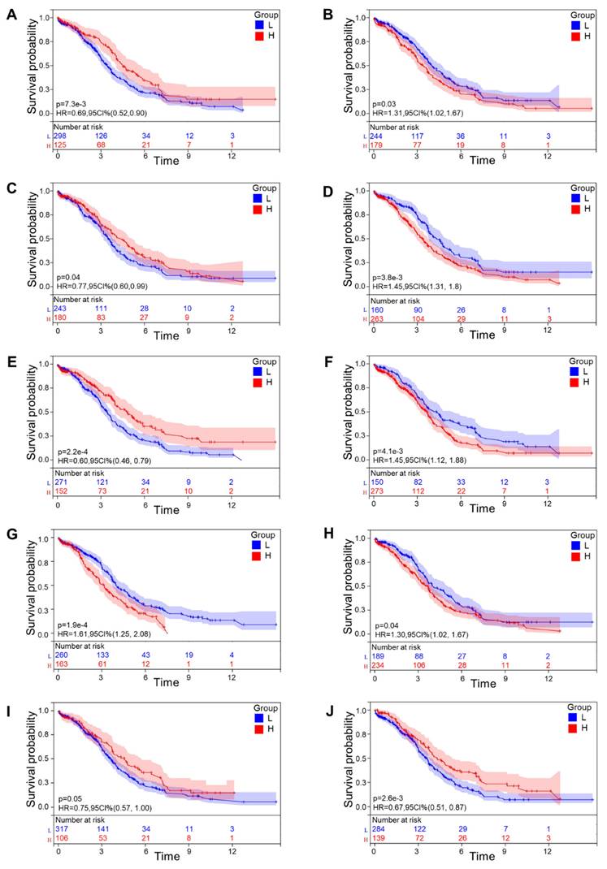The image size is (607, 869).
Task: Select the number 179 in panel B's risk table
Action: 376,145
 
